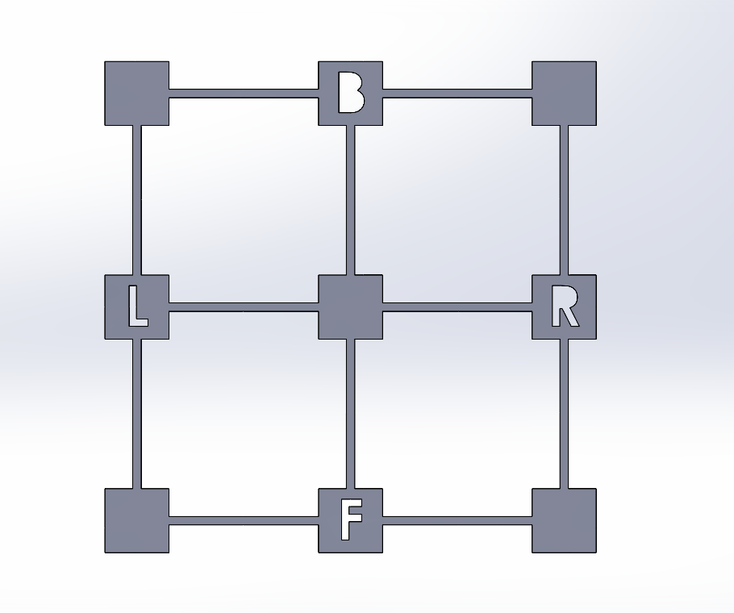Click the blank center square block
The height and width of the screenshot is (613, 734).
tap(351, 307)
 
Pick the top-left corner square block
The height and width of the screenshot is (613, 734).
tap(136, 93)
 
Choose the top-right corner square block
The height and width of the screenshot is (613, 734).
tap(564, 93)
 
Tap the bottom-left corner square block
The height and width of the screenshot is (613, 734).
tap(136, 520)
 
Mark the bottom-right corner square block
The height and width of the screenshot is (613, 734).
tap(564, 520)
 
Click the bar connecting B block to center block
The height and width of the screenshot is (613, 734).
tap(351, 200)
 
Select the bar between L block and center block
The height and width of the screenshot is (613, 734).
tap(244, 307)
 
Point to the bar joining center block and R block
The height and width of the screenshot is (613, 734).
tap(457, 307)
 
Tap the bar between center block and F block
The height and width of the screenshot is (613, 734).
tap(351, 414)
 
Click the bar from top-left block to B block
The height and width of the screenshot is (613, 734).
tap(244, 93)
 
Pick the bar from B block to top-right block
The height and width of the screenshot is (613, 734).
tap(457, 93)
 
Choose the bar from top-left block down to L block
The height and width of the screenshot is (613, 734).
tap(136, 200)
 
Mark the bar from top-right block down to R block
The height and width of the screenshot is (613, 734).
tap(564, 200)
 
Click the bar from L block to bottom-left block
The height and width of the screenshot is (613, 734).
tap(136, 414)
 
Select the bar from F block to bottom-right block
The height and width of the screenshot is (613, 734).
tap(457, 520)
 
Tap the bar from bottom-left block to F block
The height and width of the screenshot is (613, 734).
tap(244, 520)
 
